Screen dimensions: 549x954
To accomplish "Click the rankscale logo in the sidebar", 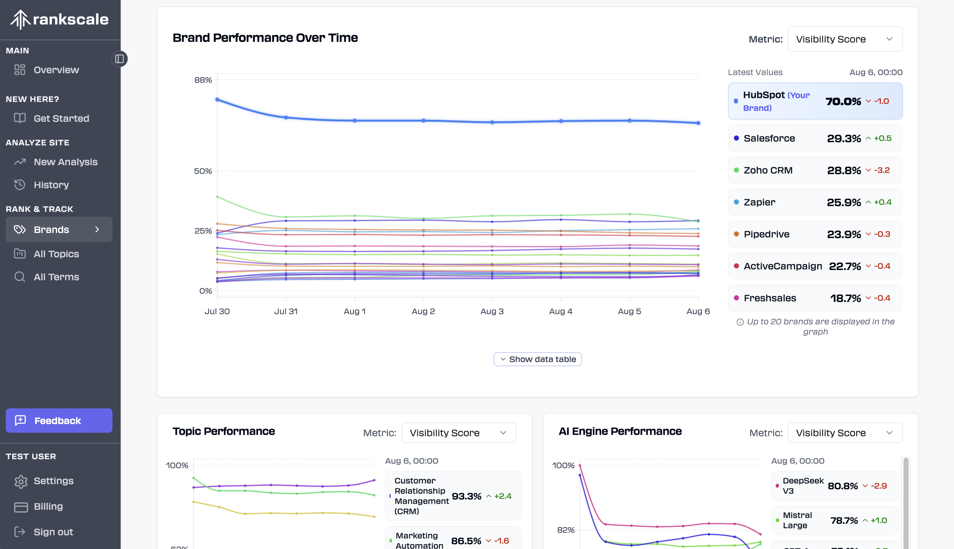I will tap(59, 19).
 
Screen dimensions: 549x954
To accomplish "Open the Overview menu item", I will tap(56, 70).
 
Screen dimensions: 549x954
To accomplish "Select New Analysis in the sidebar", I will tap(65, 162).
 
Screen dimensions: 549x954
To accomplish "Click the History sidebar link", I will tap(51, 185).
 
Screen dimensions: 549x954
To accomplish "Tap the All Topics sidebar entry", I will tap(56, 254).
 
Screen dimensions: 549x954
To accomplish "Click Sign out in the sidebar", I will tap(53, 532).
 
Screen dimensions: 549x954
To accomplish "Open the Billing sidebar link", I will tap(48, 506).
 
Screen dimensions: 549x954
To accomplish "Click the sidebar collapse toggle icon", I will tap(119, 59).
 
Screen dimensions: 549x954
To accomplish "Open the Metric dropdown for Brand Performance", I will tap(845, 39).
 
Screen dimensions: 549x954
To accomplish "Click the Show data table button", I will tap(537, 359).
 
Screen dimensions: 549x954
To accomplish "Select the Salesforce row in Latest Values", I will tap(815, 138).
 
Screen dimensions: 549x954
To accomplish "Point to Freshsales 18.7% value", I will tap(845, 298).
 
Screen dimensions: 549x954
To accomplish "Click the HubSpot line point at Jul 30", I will tap(217, 100).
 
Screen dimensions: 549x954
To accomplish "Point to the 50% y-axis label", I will tap(203, 171).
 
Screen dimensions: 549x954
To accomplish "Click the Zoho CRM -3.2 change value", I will tap(881, 170).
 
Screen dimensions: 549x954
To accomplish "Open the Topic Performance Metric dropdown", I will tap(458, 433).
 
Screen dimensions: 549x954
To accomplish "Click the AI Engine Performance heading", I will tap(620, 431).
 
